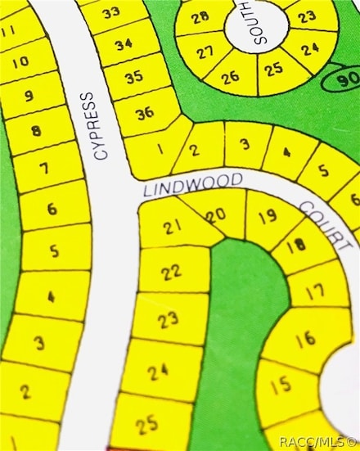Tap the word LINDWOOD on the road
(x=193, y=183)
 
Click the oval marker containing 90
(x=340, y=80)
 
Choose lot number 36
(x=145, y=113)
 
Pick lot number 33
(x=112, y=11)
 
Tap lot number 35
(x=134, y=77)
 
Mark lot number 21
(x=172, y=228)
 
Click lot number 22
(x=171, y=273)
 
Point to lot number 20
(x=215, y=215)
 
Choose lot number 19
(x=267, y=217)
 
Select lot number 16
(x=305, y=336)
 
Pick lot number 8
(x=35, y=130)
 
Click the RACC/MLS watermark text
(x=317, y=442)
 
